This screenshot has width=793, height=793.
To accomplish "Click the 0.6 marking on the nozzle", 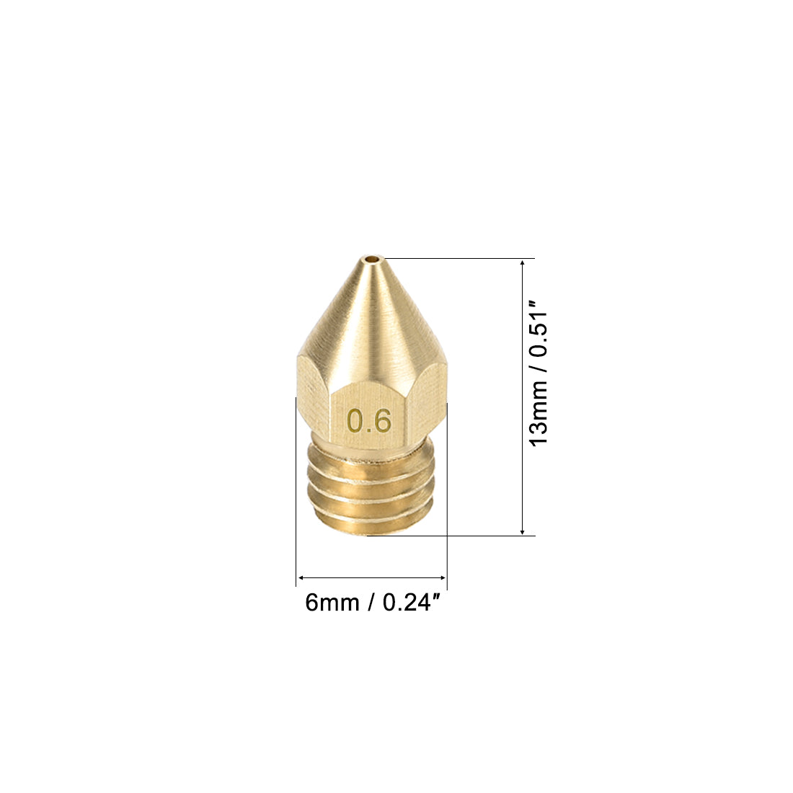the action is [x=369, y=421].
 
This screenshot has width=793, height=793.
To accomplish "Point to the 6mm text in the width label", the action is [x=332, y=603].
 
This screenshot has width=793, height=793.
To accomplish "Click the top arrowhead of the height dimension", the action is [x=523, y=263].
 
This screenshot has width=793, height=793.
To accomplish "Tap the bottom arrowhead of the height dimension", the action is [x=523, y=531].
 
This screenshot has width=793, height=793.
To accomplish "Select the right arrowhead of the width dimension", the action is [x=441, y=577].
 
